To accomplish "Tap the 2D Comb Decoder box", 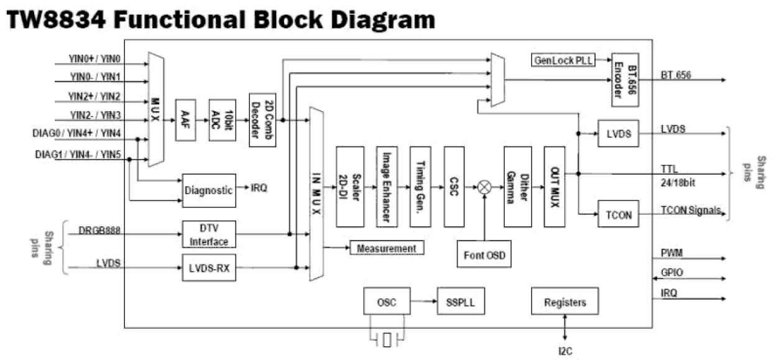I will click(262, 120).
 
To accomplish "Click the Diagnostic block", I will click(209, 190).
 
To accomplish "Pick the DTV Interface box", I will click(209, 234).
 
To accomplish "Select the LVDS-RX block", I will click(209, 267).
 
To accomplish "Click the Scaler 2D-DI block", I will click(349, 187).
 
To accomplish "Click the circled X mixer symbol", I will click(484, 187).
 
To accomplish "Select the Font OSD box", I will click(484, 255).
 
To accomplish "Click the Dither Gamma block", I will click(517, 187).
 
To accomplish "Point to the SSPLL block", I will click(460, 303).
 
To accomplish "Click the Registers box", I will click(565, 302).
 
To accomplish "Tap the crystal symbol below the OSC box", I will click(387, 340).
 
